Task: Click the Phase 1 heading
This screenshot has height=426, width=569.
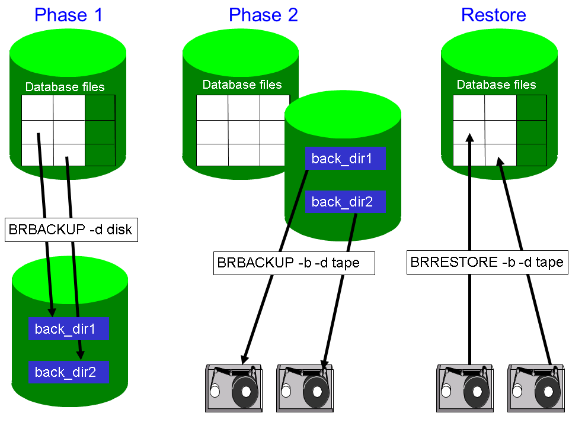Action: [69, 15]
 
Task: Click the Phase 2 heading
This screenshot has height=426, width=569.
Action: [263, 15]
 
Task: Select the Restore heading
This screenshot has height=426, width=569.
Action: [494, 15]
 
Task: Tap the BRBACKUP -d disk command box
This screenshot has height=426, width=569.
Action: [71, 230]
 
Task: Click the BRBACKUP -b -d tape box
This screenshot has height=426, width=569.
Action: [294, 263]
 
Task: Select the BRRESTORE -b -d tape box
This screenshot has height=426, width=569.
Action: [487, 262]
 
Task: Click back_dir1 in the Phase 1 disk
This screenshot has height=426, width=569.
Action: [69, 328]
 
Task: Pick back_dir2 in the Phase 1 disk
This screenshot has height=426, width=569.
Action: [69, 372]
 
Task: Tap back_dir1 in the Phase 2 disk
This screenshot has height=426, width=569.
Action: [346, 159]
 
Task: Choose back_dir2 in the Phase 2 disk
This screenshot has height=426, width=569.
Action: [346, 201]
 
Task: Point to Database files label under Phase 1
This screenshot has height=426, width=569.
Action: [65, 87]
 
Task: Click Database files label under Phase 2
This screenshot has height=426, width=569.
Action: [242, 85]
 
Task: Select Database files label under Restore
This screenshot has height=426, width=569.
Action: [497, 85]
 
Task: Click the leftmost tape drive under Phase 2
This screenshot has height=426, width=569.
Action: [234, 388]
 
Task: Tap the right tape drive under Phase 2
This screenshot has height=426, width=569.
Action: [305, 388]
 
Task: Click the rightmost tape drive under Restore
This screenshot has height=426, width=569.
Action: [536, 388]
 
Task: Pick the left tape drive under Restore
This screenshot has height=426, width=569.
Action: [465, 388]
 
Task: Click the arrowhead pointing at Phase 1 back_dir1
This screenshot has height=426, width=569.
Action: [52, 312]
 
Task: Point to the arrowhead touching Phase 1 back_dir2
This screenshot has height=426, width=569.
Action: [81, 355]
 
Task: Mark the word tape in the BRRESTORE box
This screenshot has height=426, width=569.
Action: [549, 263]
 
